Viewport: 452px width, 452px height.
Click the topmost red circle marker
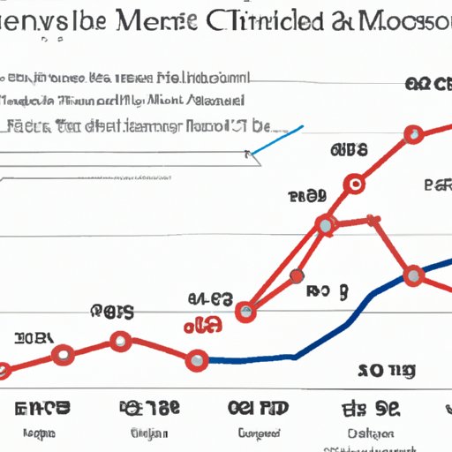click(412, 135)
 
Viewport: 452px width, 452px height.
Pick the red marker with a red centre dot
click(355, 185)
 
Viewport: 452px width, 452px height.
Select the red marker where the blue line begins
click(198, 358)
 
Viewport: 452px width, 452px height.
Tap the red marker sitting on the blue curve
click(412, 276)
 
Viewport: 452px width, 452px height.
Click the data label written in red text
click(202, 327)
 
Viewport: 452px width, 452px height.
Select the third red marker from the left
click(120, 341)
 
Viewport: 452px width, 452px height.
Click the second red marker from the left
click(63, 356)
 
